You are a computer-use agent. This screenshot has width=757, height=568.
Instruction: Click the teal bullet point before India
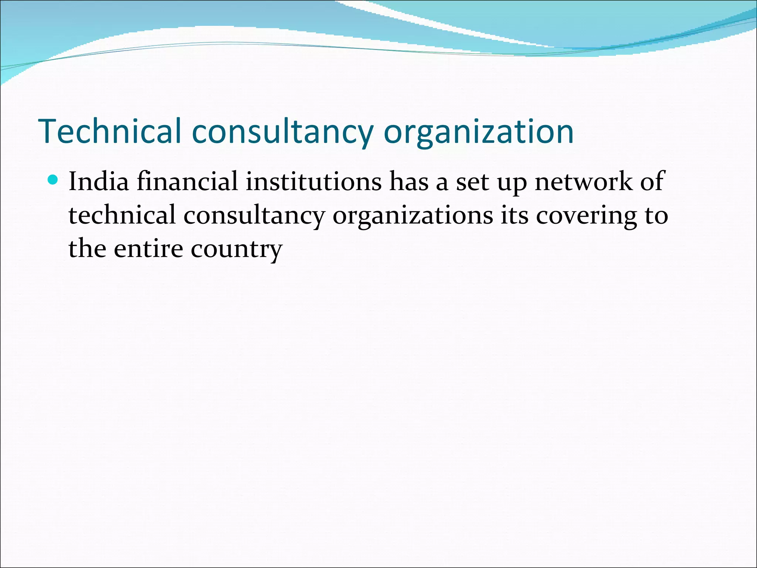[x=54, y=180]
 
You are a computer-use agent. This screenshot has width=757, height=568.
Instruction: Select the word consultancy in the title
[x=283, y=131]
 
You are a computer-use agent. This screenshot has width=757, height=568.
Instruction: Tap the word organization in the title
[x=479, y=131]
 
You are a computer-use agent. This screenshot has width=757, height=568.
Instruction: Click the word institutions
[x=313, y=182]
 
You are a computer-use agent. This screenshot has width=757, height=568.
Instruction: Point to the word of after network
[x=652, y=182]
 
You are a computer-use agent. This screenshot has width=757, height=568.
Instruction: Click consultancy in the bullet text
[x=254, y=215]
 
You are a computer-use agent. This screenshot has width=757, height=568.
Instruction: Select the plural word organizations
[x=413, y=215]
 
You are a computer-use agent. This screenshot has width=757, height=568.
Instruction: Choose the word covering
[x=587, y=215]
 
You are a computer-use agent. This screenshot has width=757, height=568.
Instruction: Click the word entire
[x=148, y=248]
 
